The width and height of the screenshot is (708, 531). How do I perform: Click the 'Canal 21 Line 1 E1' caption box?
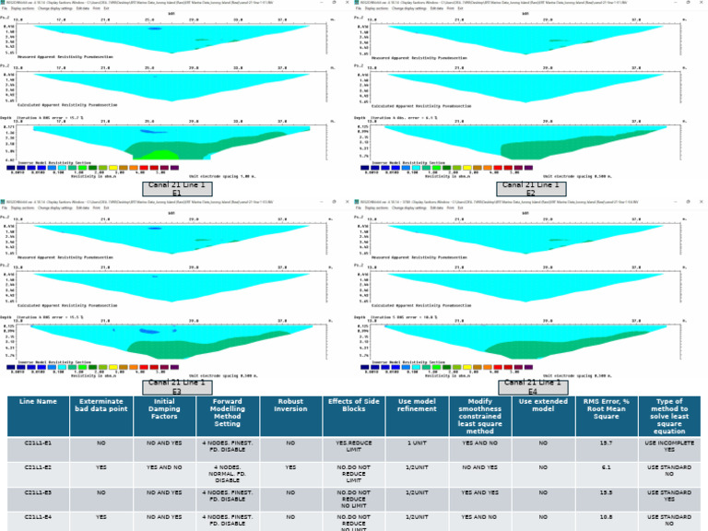(177, 188)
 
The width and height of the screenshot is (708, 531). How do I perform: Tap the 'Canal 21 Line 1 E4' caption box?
(532, 386)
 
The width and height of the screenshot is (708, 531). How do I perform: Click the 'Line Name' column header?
(38, 402)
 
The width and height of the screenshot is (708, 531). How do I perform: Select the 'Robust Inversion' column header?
(290, 407)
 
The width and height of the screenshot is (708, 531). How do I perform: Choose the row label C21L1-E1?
(38, 442)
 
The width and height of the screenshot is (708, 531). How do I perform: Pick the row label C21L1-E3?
(38, 493)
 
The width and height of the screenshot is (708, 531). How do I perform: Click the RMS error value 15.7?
(605, 442)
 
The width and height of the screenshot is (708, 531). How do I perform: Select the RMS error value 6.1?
(605, 467)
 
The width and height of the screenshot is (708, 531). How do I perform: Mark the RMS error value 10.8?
(605, 518)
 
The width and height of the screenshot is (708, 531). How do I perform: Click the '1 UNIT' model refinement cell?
(416, 442)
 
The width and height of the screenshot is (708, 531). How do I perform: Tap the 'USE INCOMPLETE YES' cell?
(669, 446)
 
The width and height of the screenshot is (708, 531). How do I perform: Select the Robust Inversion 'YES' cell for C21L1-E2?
(290, 467)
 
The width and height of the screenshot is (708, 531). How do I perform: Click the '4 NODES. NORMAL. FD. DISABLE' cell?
(227, 473)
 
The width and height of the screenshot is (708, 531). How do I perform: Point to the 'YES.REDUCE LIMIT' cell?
(353, 446)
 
